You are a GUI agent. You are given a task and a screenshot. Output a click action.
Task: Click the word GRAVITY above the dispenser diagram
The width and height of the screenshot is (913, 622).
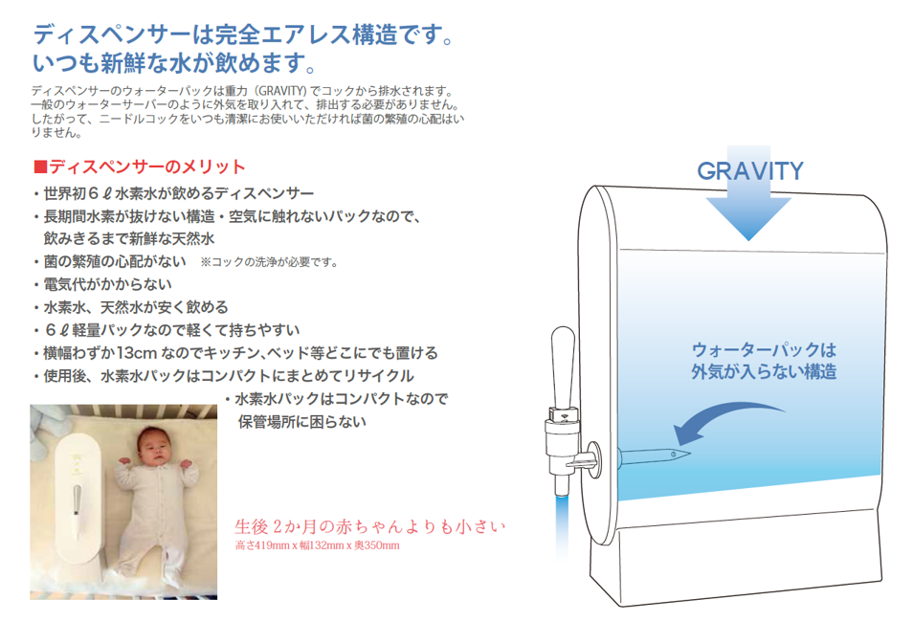click(x=750, y=170)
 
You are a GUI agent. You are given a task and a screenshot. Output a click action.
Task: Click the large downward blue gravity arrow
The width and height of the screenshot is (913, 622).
click(x=748, y=198)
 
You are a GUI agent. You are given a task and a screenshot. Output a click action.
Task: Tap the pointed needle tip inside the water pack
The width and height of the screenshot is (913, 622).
click(x=689, y=453)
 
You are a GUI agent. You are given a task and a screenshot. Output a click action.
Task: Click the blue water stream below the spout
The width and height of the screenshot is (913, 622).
click(x=562, y=524)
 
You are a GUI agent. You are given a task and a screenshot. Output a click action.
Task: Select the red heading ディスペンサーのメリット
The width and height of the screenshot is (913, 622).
click(x=146, y=167)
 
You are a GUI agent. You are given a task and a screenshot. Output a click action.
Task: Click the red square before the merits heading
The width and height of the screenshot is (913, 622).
click(x=40, y=167)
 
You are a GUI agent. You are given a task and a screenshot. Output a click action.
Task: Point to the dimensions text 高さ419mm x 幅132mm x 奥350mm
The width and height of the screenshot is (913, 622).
click(x=318, y=545)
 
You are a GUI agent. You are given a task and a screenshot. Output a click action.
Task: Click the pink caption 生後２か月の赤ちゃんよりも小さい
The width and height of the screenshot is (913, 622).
click(x=369, y=526)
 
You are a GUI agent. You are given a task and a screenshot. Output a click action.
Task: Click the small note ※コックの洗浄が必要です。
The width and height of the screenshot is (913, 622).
click(x=270, y=262)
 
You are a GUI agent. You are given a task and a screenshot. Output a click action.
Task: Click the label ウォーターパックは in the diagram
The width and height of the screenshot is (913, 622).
click(x=764, y=350)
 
